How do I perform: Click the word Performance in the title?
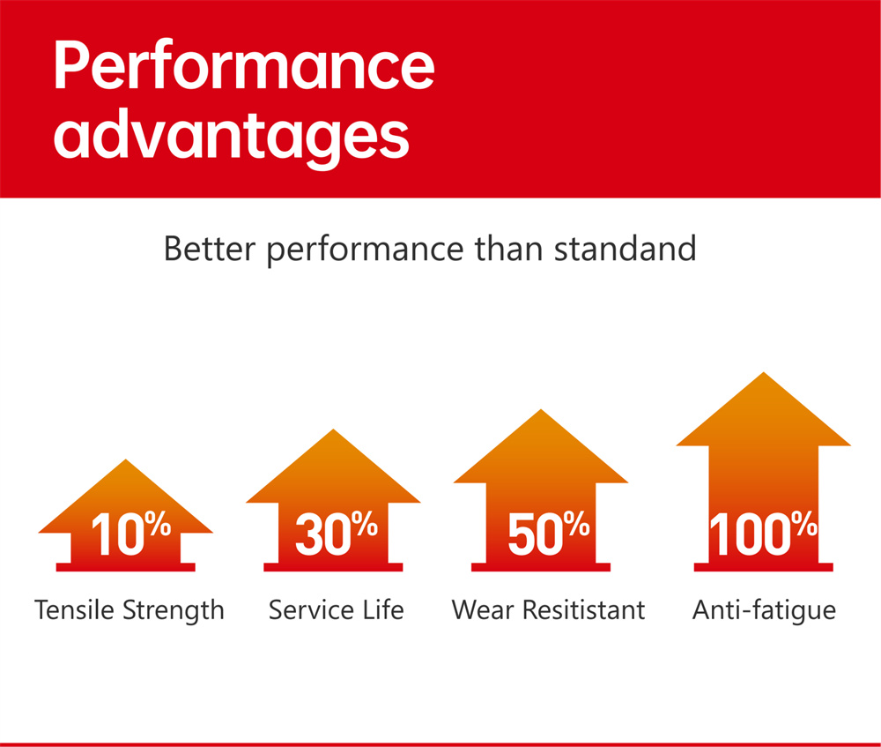click(x=244, y=65)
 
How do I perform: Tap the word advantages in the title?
click(x=231, y=138)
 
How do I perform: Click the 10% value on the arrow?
click(x=131, y=533)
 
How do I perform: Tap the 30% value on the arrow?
click(x=336, y=533)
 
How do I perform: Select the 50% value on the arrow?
click(x=548, y=533)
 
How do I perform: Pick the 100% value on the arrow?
click(x=763, y=533)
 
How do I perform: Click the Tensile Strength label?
click(x=130, y=610)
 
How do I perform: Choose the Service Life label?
click(x=336, y=609)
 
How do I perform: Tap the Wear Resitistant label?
click(x=548, y=609)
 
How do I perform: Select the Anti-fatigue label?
click(x=764, y=610)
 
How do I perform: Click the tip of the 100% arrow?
click(x=764, y=372)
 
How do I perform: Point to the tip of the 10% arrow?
click(x=126, y=459)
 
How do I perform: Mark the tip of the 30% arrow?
click(x=333, y=430)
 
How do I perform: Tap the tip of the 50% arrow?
click(x=541, y=409)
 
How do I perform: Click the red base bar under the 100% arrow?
click(x=764, y=567)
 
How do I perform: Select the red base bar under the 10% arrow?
click(x=126, y=567)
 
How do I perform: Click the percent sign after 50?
click(x=576, y=524)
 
